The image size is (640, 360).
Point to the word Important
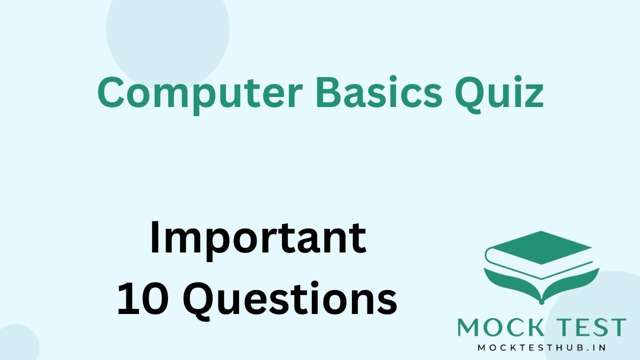click(257, 239)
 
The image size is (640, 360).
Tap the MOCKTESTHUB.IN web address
click(541, 347)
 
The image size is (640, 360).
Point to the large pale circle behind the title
click(167, 30)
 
